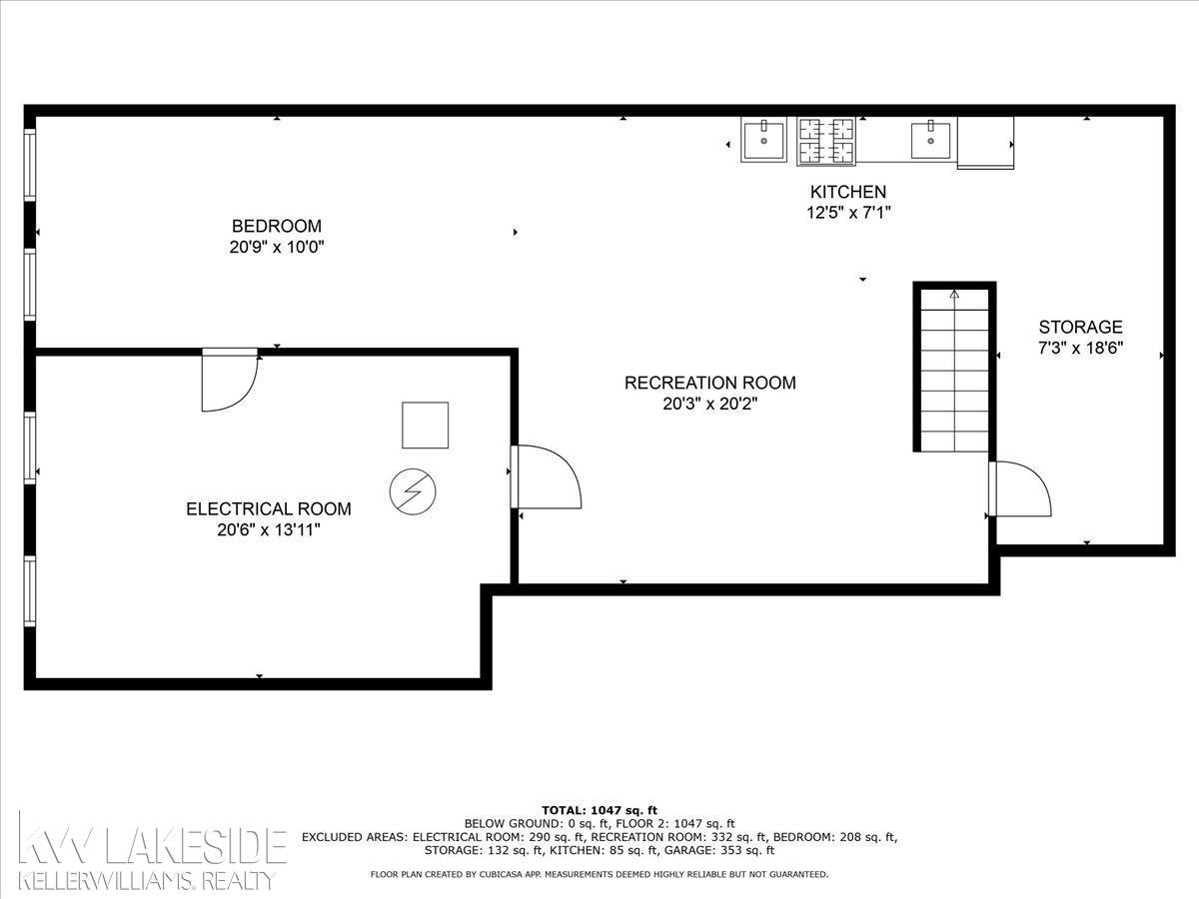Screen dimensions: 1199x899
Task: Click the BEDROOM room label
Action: click(277, 226)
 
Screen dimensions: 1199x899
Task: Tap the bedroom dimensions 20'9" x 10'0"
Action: click(277, 248)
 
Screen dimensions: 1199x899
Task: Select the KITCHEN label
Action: click(848, 192)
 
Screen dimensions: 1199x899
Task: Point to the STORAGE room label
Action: click(1080, 327)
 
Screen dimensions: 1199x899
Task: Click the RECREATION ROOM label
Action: click(710, 383)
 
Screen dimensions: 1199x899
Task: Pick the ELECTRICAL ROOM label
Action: click(268, 508)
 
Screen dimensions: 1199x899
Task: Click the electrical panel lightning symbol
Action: click(413, 491)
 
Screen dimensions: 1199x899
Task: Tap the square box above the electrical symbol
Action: click(425, 426)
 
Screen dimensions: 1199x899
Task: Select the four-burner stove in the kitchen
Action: click(826, 141)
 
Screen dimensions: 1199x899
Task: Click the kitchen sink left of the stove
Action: click(763, 140)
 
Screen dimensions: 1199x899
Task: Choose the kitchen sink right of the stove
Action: click(931, 140)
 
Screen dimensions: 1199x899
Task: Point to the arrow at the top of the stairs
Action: click(954, 295)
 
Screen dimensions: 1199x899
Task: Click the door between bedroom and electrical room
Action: click(230, 380)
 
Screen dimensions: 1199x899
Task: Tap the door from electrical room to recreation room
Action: click(546, 477)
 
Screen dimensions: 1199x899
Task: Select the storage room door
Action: click(1020, 488)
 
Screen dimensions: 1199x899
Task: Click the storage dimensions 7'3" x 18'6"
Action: click(1080, 348)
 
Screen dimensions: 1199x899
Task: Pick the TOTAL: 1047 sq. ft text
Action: click(599, 810)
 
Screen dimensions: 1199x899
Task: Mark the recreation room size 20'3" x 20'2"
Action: click(710, 404)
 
